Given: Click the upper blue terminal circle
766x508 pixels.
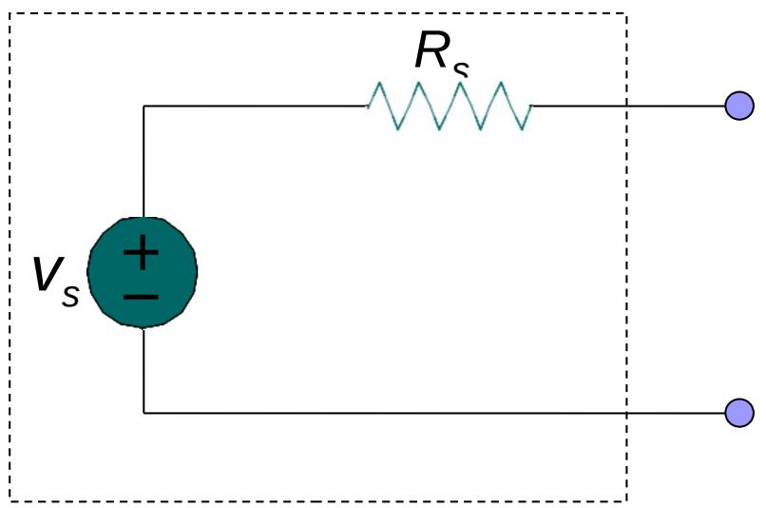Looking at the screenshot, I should (x=739, y=106).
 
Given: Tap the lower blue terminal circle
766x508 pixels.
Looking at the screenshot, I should (x=739, y=413).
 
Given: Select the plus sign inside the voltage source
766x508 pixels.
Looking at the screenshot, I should (x=142, y=252).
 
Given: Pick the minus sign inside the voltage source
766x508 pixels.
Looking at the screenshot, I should (x=142, y=297).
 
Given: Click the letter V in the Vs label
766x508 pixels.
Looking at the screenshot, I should (x=47, y=275).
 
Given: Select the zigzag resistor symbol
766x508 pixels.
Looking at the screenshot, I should (x=450, y=106).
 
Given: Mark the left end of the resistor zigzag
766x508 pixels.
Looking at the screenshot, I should (x=368, y=106).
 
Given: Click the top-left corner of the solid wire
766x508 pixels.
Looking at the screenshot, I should (x=144, y=106).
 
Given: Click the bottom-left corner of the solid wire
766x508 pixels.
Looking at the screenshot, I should (x=144, y=413).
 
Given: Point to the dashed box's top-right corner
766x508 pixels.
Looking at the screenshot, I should (x=626, y=13).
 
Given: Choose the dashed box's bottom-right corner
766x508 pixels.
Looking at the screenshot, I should (x=626, y=500).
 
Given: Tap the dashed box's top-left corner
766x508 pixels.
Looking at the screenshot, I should (x=10, y=13).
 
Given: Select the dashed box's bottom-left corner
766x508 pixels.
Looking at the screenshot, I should (x=10, y=500).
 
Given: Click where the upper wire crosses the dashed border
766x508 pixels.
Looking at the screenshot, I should (x=626, y=106).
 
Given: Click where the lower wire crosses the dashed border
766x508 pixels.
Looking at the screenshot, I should (x=626, y=413).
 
